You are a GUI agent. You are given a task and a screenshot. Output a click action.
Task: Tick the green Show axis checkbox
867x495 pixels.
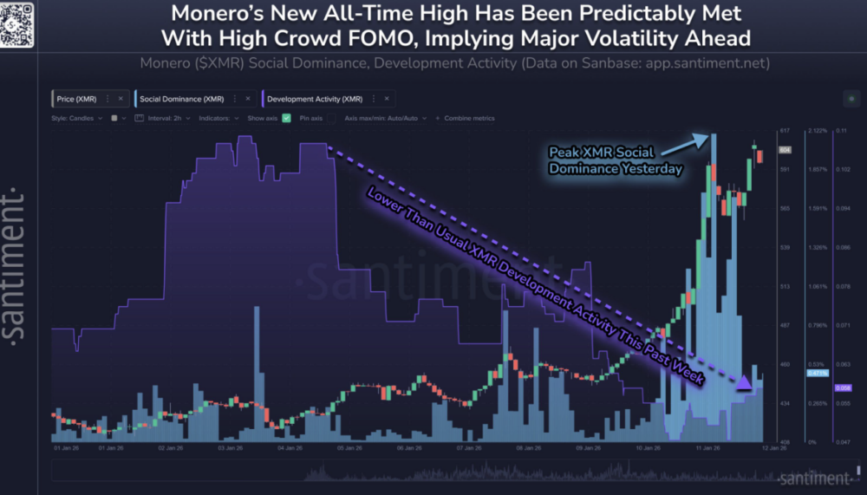(287, 118)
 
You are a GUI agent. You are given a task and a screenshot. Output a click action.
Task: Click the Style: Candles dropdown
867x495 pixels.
(76, 118)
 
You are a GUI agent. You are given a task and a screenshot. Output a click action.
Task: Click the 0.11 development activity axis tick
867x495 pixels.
(841, 131)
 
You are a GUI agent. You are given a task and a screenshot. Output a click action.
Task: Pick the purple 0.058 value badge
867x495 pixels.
(842, 388)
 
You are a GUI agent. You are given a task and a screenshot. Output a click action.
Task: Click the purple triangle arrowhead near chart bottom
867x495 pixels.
(744, 382)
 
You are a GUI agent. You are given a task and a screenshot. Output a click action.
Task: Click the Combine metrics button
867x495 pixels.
(469, 118)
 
